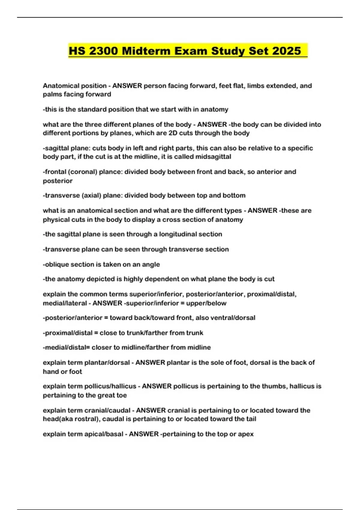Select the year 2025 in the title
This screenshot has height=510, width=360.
[x=286, y=51]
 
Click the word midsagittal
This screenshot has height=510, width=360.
[x=213, y=157]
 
